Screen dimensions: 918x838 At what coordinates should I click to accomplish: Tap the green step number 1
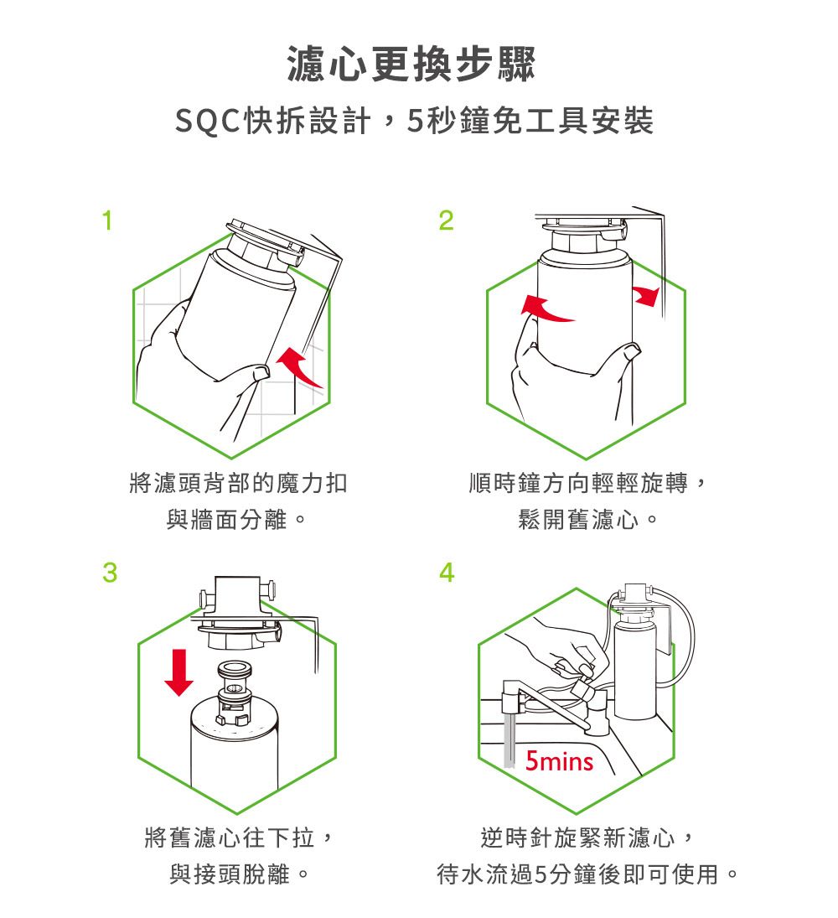(x=106, y=221)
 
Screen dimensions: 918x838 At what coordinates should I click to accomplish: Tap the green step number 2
(x=445, y=221)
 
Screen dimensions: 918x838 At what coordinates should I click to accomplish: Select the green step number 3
(x=108, y=573)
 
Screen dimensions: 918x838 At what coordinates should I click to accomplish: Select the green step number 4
(x=447, y=573)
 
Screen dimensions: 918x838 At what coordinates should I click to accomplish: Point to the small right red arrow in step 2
(x=646, y=294)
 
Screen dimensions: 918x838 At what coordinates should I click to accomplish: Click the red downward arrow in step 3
(x=178, y=671)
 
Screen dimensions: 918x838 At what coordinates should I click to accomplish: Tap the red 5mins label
(x=559, y=762)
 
